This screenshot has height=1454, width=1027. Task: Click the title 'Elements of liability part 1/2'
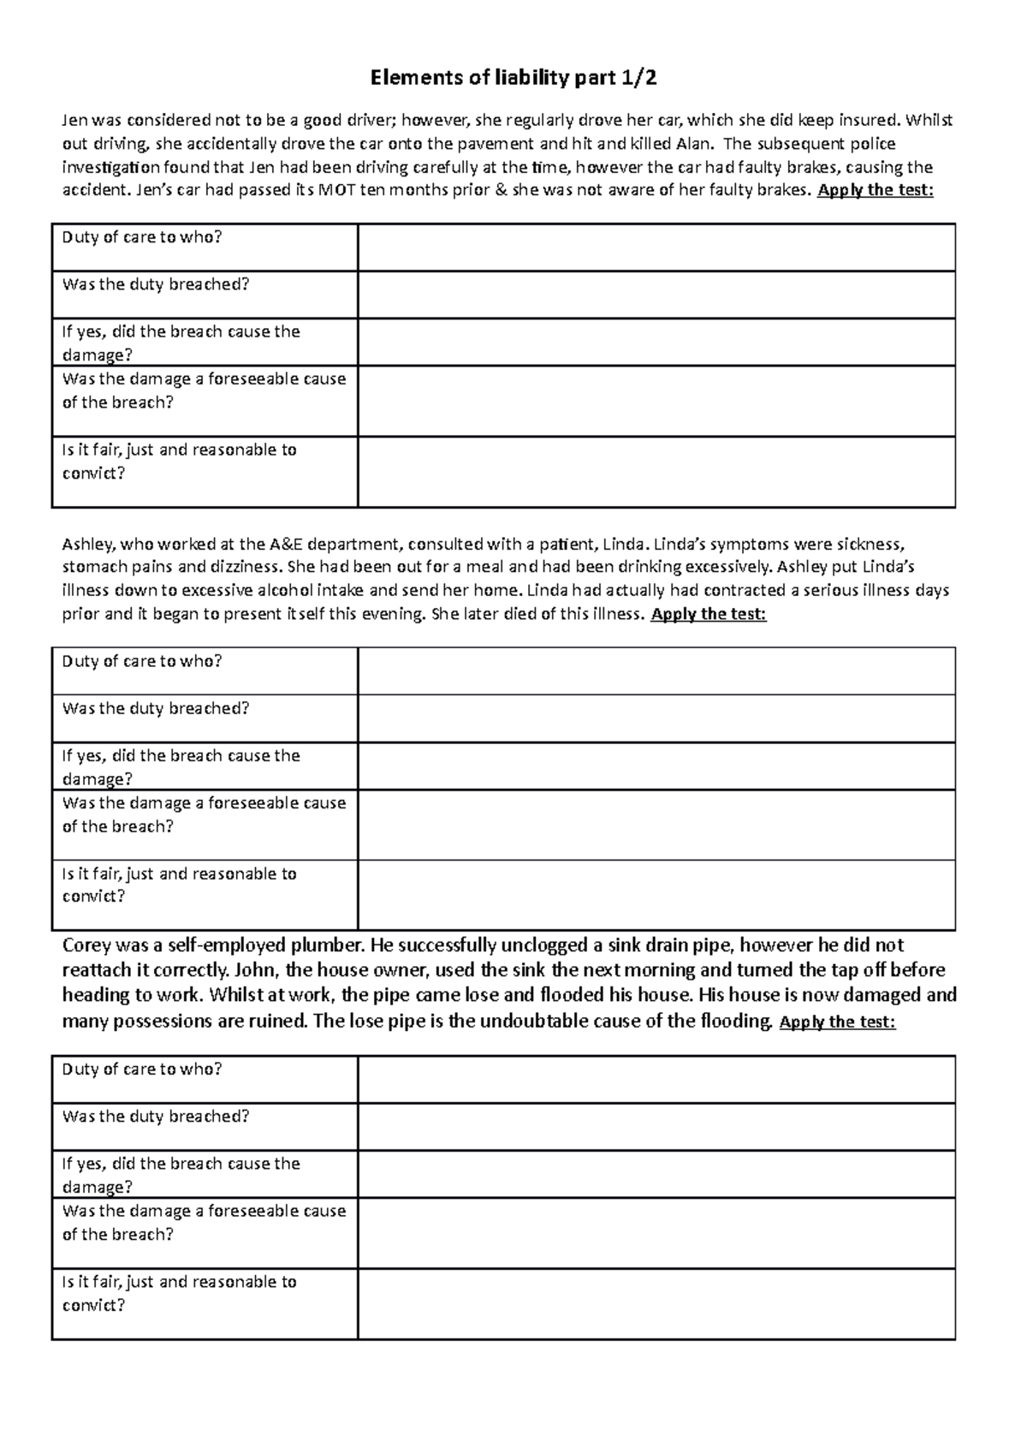[513, 79]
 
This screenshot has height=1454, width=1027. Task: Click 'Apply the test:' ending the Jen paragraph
[875, 190]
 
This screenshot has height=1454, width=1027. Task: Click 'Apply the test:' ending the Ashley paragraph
[709, 614]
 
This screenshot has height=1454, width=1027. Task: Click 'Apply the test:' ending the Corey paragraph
[838, 1022]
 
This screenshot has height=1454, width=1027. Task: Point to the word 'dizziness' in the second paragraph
[248, 567]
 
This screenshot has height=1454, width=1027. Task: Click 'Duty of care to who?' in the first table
[142, 237]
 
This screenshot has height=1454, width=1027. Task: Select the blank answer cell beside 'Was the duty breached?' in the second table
[656, 718]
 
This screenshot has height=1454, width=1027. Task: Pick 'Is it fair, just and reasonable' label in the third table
[179, 1282]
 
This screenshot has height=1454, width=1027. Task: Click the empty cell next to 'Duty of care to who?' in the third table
[656, 1078]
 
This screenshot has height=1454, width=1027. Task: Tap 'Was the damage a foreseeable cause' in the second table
[204, 803]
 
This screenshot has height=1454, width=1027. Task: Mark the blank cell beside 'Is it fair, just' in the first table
[656, 471]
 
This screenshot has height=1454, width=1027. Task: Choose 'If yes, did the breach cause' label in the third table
[181, 1164]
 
